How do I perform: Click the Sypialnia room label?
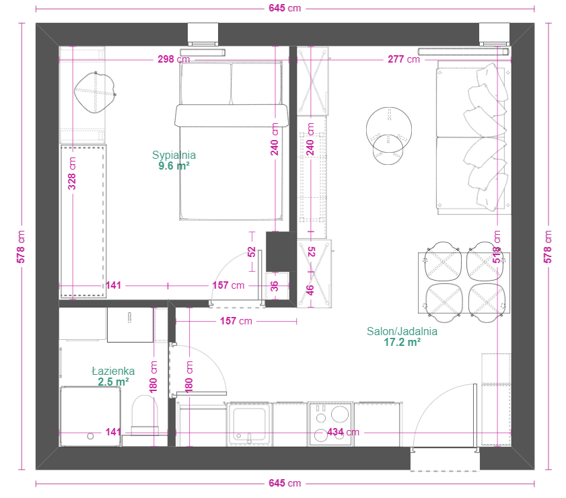[x=174, y=155]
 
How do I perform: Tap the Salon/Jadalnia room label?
[x=402, y=331]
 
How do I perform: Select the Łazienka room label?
[x=113, y=371]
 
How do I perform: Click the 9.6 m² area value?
[x=174, y=166]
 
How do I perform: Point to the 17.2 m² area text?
[x=402, y=342]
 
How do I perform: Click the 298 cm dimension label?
[x=174, y=59]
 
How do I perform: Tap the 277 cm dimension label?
[x=404, y=59]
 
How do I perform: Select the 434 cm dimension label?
[x=343, y=432]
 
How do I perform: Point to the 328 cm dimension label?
[x=72, y=174]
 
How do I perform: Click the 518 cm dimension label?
[x=497, y=247]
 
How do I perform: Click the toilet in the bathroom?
[x=145, y=415]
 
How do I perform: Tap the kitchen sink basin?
[x=249, y=425]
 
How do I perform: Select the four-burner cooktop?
[x=330, y=424]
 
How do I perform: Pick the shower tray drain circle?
[x=91, y=436]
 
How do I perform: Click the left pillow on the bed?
[x=205, y=84]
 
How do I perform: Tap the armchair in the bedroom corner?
[x=95, y=92]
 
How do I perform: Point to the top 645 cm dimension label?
[x=285, y=8]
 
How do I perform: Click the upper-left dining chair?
[x=444, y=261]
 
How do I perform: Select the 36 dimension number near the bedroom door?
[x=275, y=286]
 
